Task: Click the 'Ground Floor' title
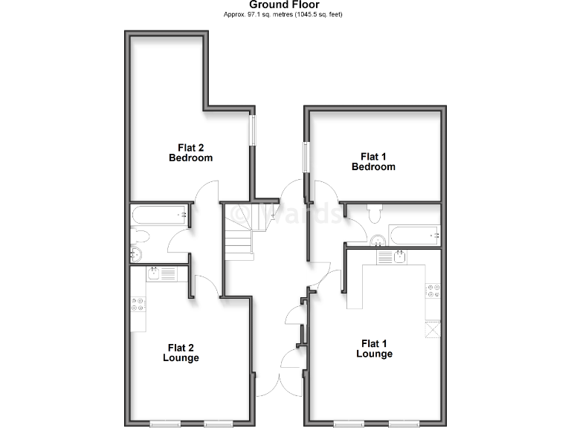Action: pyautogui.click(x=284, y=5)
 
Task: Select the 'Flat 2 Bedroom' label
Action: pyautogui.click(x=190, y=152)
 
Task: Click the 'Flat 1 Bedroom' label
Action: pyautogui.click(x=373, y=161)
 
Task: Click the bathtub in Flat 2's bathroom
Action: pyautogui.click(x=159, y=215)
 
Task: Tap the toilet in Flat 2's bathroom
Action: pyautogui.click(x=139, y=236)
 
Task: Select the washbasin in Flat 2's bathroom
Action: pyautogui.click(x=135, y=254)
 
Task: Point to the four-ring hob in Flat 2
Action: pyautogui.click(x=138, y=304)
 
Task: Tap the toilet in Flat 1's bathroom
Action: pyautogui.click(x=375, y=214)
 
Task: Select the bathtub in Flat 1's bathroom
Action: pyautogui.click(x=415, y=235)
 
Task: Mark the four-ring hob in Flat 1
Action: pyautogui.click(x=431, y=291)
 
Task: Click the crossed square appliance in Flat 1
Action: pyautogui.click(x=432, y=328)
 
